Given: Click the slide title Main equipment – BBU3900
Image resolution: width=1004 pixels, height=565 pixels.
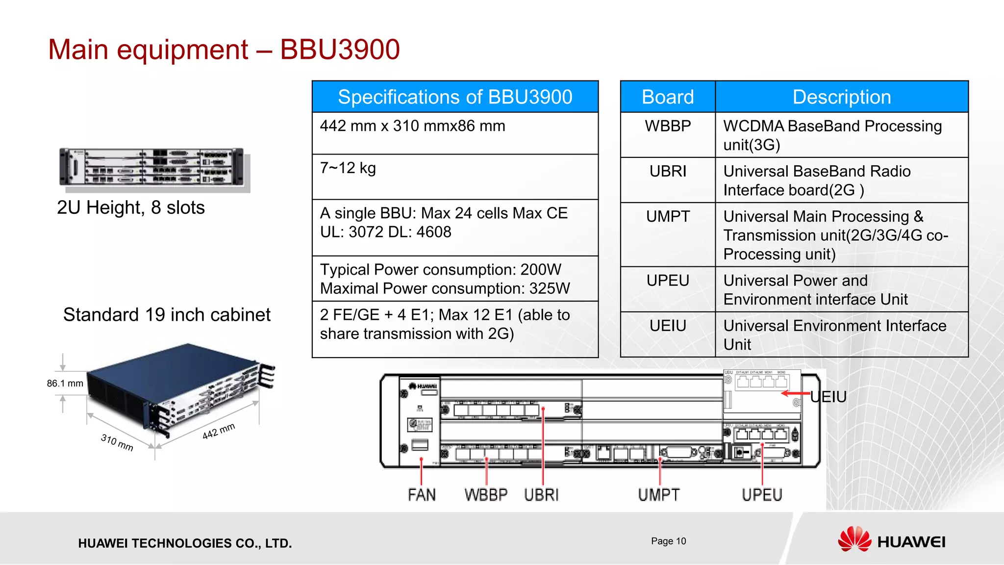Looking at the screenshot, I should tap(224, 50).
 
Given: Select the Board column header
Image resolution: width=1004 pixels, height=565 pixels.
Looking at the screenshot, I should tap(667, 97).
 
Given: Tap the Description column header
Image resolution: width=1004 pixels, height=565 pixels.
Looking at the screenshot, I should tap(841, 97).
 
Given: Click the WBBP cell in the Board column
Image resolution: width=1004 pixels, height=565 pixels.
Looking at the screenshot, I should tap(667, 126).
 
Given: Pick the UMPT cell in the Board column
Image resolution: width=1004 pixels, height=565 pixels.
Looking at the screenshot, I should tap(667, 216).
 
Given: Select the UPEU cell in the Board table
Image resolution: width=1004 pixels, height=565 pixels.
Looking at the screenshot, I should tap(667, 281).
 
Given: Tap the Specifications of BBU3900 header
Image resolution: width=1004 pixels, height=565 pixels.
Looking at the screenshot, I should tap(454, 97).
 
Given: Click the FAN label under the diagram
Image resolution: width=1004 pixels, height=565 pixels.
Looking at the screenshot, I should tap(422, 495).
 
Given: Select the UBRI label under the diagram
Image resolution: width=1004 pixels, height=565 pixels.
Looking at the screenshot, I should tap(541, 495).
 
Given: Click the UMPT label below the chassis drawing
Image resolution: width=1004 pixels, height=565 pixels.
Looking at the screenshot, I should tap(659, 495).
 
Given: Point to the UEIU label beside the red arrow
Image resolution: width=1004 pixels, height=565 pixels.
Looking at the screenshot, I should tap(828, 397).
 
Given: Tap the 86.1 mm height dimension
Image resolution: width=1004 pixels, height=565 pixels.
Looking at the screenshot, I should tap(65, 384).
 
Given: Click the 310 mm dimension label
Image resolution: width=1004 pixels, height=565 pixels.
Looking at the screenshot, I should tap(117, 442).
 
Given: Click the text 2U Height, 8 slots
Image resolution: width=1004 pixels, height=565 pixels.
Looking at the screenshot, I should tap(130, 207).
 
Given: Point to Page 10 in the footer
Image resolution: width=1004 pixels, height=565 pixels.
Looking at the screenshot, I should tap(668, 541).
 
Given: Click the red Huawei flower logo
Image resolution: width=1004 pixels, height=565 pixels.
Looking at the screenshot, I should tap(854, 539).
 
